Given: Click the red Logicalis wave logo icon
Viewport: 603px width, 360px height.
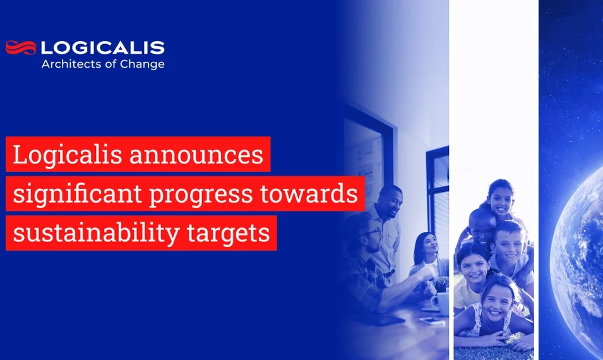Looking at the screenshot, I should click(20, 47).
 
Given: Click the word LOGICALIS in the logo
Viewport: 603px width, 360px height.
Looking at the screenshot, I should click(102, 47).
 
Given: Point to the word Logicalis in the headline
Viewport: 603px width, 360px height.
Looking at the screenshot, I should click(66, 155).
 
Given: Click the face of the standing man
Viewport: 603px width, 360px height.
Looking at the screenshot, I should click(390, 201).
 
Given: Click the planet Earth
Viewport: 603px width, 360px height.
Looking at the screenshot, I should click(578, 253).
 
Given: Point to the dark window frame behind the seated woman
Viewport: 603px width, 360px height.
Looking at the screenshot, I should click(436, 189).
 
